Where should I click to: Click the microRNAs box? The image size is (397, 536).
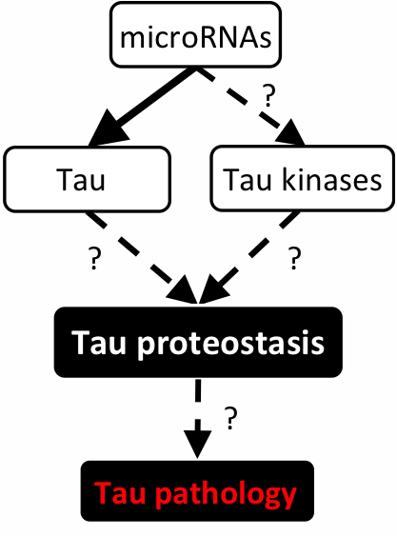[x=195, y=34]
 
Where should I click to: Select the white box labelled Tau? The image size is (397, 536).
[x=87, y=179]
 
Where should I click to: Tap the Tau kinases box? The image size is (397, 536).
[x=303, y=178]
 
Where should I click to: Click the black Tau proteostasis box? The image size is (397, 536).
[x=198, y=342]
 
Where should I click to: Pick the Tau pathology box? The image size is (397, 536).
[x=197, y=491]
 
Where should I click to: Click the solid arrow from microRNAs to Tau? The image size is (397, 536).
[x=143, y=108]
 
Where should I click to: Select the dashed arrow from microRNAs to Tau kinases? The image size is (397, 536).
[x=249, y=107]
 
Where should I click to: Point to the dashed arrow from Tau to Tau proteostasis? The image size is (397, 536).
[x=142, y=257]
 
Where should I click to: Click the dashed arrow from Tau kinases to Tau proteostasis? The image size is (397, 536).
[x=249, y=257]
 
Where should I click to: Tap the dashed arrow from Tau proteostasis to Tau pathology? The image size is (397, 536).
[x=198, y=418]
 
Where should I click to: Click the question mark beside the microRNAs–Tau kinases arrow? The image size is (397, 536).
[x=268, y=96]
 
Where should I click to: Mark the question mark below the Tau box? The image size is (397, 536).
[x=94, y=258]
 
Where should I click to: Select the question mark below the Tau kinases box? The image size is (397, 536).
[x=294, y=258]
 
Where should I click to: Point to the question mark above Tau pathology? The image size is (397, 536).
[x=230, y=418]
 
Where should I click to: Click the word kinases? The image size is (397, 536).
[x=331, y=180]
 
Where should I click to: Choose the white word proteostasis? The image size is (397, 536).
[x=230, y=345]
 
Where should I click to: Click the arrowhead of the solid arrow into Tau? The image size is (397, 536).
[x=109, y=128]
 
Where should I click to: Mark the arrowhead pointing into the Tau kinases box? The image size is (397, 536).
[x=290, y=132]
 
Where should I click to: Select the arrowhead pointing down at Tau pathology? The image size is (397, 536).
[x=198, y=444]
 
